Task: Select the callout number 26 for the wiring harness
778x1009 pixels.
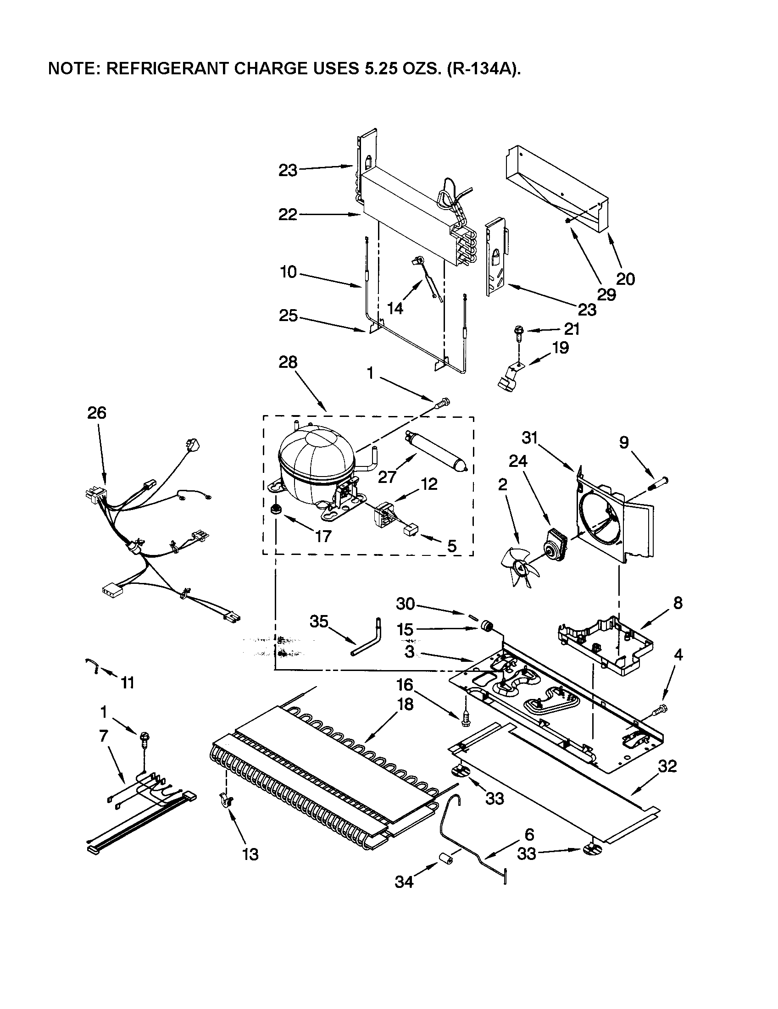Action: pos(96,412)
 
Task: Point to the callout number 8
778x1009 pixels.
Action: pos(677,603)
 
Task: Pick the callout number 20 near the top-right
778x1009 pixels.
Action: pos(625,278)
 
